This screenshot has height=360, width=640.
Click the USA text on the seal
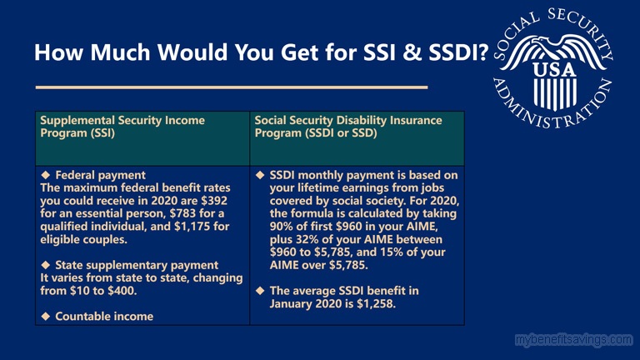[555, 70]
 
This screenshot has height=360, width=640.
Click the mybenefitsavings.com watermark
[574, 340]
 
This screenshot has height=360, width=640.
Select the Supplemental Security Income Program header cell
[142, 138]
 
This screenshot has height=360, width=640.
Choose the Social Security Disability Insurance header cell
[357, 138]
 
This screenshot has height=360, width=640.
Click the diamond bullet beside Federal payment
[46, 175]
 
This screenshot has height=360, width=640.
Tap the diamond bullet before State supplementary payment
[46, 265]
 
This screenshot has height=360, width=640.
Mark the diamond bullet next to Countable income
[46, 316]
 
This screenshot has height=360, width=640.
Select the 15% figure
[392, 252]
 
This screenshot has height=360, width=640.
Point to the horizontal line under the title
[232, 87]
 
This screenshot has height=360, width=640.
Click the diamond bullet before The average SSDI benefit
[260, 291]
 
